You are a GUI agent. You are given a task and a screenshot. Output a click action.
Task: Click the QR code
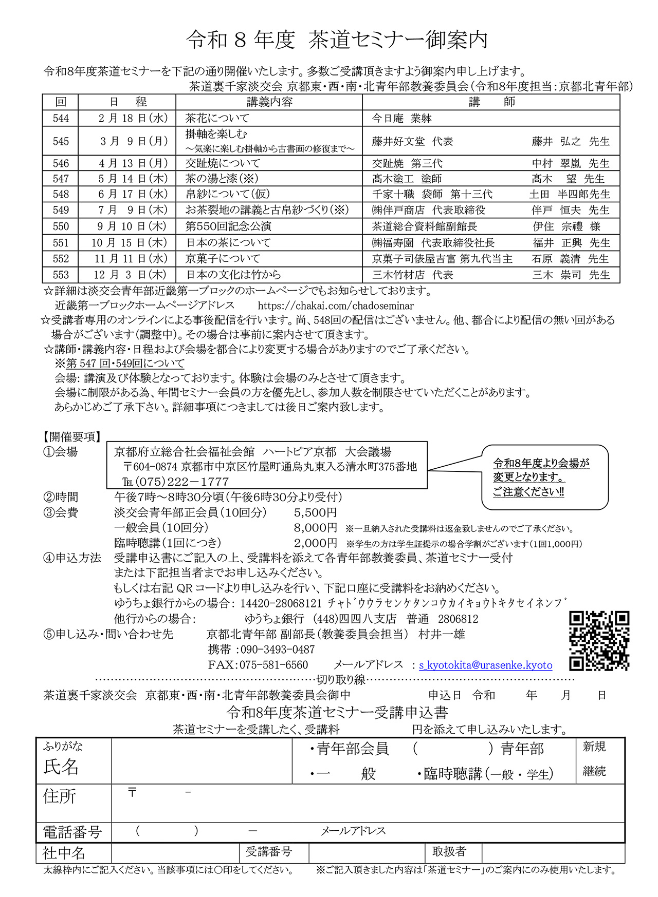pos(599,641)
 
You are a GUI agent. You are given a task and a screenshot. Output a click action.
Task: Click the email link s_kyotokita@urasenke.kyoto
pos(485,665)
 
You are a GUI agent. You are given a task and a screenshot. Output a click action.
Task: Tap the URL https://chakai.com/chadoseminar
pos(336,306)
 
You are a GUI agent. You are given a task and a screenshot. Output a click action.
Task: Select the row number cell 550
pos(61,226)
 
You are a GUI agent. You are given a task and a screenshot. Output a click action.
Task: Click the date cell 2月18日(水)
pos(133,119)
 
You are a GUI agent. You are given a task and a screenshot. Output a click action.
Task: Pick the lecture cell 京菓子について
pos(223,259)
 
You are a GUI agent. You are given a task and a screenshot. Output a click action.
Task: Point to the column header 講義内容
pos(269,102)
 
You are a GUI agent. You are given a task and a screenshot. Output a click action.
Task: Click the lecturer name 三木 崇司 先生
pos(571,275)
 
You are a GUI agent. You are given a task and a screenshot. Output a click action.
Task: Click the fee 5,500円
pos(316,512)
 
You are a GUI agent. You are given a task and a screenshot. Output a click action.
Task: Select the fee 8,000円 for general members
pos(316,528)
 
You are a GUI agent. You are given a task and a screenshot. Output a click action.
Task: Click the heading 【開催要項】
pos(72,437)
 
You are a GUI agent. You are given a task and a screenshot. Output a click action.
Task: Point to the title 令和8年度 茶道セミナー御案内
pos(337,40)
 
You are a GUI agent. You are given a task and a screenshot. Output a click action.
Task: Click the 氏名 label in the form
pos(61,767)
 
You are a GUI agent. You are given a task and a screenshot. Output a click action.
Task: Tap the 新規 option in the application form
pos(594,747)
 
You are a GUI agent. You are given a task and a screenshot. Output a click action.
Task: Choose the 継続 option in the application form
pos(594,771)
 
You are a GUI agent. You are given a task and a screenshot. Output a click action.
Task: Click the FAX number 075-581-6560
pos(273,665)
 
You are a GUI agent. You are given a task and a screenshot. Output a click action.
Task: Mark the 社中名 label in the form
pos(64,853)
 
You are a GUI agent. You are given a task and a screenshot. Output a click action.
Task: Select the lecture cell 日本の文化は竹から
pos(233,275)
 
